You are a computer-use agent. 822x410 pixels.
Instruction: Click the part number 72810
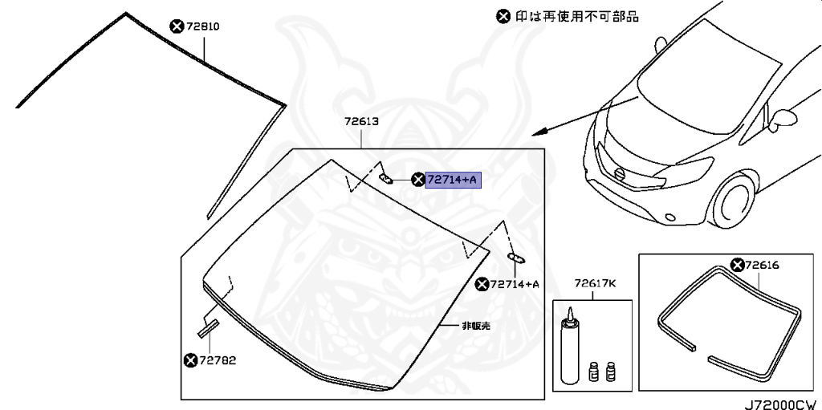tap(203, 26)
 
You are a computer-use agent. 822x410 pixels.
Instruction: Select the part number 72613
tap(361, 122)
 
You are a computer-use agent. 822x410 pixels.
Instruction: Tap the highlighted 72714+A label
tap(453, 180)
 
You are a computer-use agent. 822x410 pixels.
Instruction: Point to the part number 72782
tap(218, 360)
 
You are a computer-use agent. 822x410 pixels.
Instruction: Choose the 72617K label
tap(594, 283)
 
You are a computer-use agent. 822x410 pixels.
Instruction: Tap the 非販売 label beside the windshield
tap(475, 326)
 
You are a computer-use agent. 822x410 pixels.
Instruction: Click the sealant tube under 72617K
tap(568, 345)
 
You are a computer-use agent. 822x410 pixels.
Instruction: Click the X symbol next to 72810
tap(177, 26)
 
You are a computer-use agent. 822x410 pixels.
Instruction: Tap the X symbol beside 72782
tap(190, 360)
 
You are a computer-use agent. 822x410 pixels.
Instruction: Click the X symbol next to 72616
tap(736, 265)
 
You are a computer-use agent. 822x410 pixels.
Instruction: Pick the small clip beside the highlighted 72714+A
tap(385, 178)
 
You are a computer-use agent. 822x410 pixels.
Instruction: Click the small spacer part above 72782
tap(209, 326)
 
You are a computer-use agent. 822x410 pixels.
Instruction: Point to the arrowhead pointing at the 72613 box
tap(537, 130)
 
